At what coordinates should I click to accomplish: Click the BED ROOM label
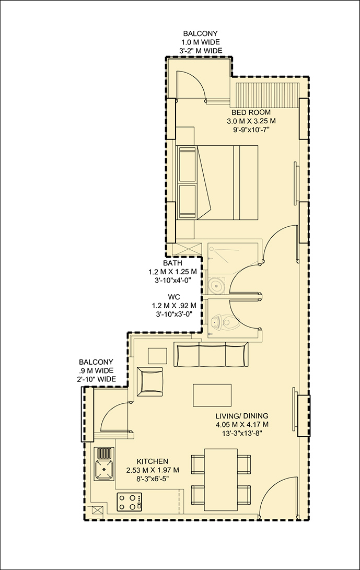click(251, 112)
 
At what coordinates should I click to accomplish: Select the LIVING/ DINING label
click(242, 415)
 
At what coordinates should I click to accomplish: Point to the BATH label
click(172, 263)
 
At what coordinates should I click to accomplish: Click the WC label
click(172, 297)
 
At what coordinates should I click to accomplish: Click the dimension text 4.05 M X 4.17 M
click(242, 424)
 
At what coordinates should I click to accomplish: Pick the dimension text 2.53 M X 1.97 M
click(153, 470)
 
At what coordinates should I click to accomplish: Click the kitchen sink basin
click(104, 469)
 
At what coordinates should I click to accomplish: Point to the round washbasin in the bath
click(217, 285)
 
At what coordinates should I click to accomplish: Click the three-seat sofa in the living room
click(212, 354)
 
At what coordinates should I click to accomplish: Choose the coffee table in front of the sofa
click(212, 395)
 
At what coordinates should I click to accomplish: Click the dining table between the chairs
click(221, 480)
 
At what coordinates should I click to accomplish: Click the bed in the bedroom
click(217, 182)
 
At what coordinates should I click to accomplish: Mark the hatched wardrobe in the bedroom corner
click(267, 95)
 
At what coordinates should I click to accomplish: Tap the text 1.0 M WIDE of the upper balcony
click(201, 42)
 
